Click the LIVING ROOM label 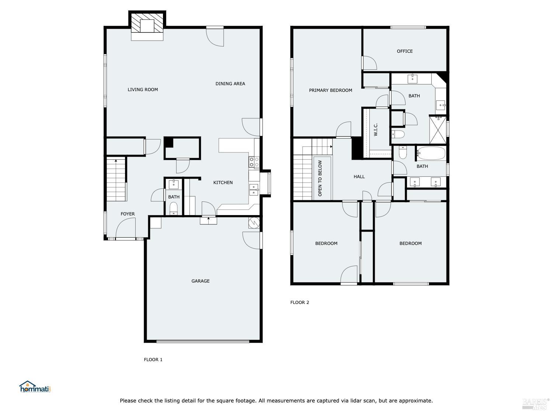[143, 90]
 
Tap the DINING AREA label [230, 84]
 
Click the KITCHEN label [223, 183]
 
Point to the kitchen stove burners [254, 162]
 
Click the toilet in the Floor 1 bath [174, 208]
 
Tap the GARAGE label [200, 281]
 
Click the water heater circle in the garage [254, 222]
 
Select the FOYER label [128, 214]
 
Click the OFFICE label [404, 51]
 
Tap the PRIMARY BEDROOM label [330, 90]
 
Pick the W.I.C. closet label [376, 129]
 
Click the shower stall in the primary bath [438, 129]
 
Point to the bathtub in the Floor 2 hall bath [431, 153]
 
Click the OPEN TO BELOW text [320, 178]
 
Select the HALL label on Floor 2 [359, 177]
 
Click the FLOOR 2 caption [299, 302]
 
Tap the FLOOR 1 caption [153, 360]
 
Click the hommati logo [35, 387]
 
